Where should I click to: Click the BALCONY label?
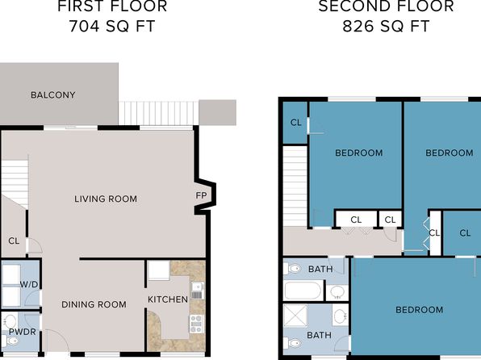53,94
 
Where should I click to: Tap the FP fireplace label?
201,195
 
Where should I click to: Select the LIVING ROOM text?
106,199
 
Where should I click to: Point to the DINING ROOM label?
94,304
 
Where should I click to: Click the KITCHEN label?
168,299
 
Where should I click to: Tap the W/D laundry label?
29,284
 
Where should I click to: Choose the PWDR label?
23,332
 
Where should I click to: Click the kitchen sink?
197,291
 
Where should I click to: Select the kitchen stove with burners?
196,324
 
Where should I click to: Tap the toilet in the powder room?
10,341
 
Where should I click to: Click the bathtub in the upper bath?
303,290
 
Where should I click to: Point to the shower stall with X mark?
295,315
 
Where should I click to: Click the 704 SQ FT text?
112,26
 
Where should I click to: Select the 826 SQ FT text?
386,26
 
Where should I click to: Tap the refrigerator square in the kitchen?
159,270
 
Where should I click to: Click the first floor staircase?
15,183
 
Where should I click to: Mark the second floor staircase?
295,186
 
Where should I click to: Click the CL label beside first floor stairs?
14,241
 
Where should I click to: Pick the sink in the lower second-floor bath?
341,316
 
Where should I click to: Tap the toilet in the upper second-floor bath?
292,269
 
